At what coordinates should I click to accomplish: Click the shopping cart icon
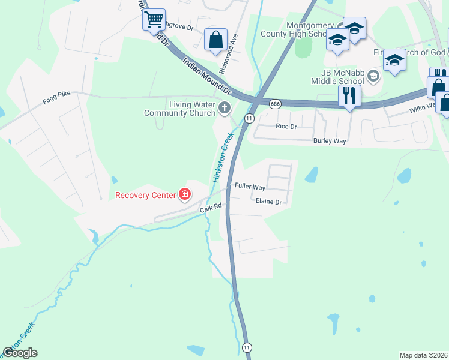pyautogui.click(x=154, y=19)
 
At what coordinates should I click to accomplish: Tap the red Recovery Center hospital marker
pyautogui.click(x=184, y=194)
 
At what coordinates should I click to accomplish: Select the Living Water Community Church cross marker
pyautogui.click(x=224, y=109)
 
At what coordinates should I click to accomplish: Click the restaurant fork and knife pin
pyautogui.click(x=348, y=95)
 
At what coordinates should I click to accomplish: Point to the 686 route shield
pyautogui.click(x=275, y=104)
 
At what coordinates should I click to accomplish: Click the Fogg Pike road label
pyautogui.click(x=56, y=101)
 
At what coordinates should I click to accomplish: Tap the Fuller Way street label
pyautogui.click(x=250, y=187)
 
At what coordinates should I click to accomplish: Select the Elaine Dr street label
pyautogui.click(x=268, y=202)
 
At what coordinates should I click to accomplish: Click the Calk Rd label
pyautogui.click(x=211, y=207)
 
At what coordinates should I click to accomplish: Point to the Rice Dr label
pyautogui.click(x=286, y=127)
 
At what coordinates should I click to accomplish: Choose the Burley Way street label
pyautogui.click(x=330, y=141)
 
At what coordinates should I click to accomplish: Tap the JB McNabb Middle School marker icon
pyautogui.click(x=373, y=76)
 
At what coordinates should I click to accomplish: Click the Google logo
pyautogui.click(x=20, y=353)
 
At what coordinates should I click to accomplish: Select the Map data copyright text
pyautogui.click(x=423, y=355)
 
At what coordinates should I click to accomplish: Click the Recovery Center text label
pyautogui.click(x=145, y=195)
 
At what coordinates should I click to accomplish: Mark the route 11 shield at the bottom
pyautogui.click(x=247, y=347)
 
